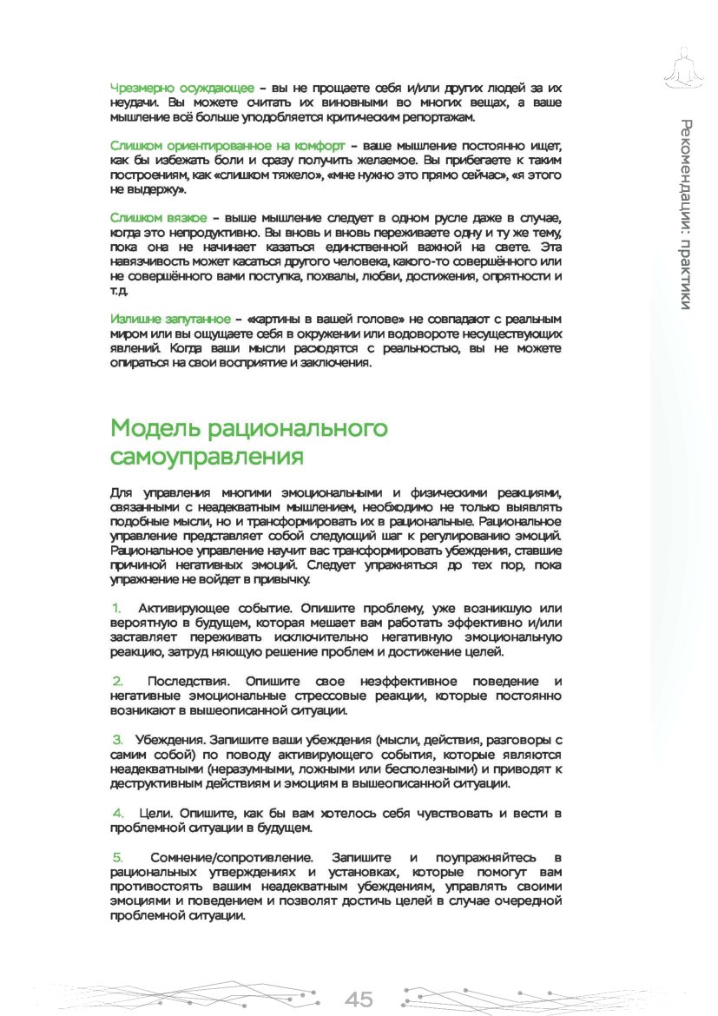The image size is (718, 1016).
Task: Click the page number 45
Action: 359,999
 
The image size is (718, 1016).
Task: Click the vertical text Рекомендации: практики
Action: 686,214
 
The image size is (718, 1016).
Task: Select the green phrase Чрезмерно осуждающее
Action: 182,89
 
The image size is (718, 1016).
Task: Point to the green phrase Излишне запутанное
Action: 171,319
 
